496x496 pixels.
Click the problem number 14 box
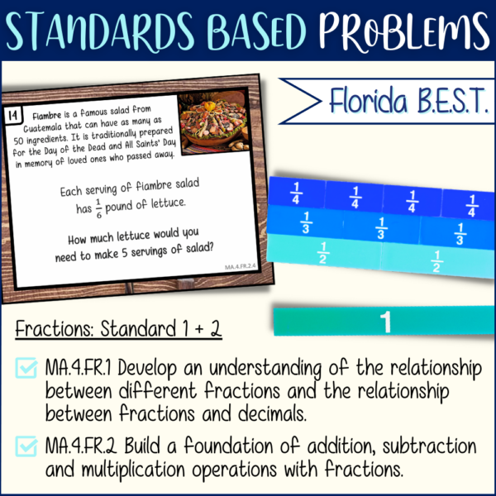pyautogui.click(x=12, y=114)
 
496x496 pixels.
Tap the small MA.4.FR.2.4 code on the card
pyautogui.click(x=246, y=267)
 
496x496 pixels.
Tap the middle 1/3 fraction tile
pyautogui.click(x=381, y=229)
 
